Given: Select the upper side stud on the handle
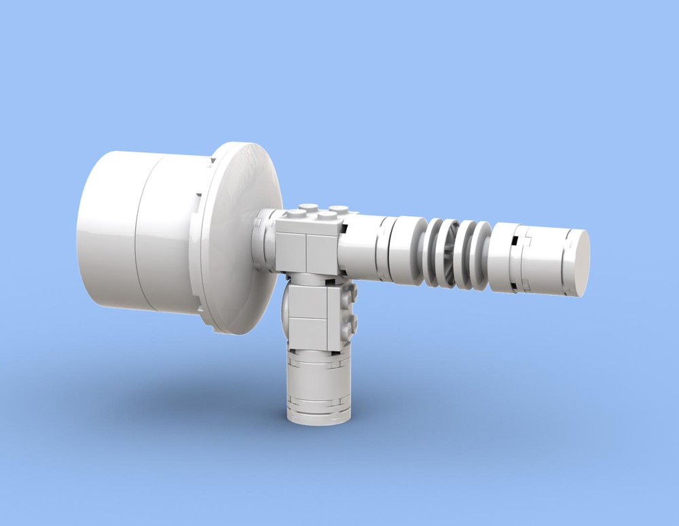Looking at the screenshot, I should pos(351,294).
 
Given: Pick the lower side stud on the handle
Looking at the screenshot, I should pos(351,322).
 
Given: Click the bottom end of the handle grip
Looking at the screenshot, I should pos(317,415).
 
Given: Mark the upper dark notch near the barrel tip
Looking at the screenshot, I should pos(517,239).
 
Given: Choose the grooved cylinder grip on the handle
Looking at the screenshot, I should pos(317,384).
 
